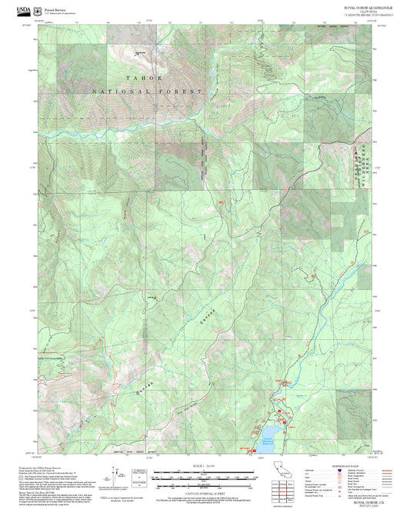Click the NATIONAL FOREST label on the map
coord(146,91)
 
